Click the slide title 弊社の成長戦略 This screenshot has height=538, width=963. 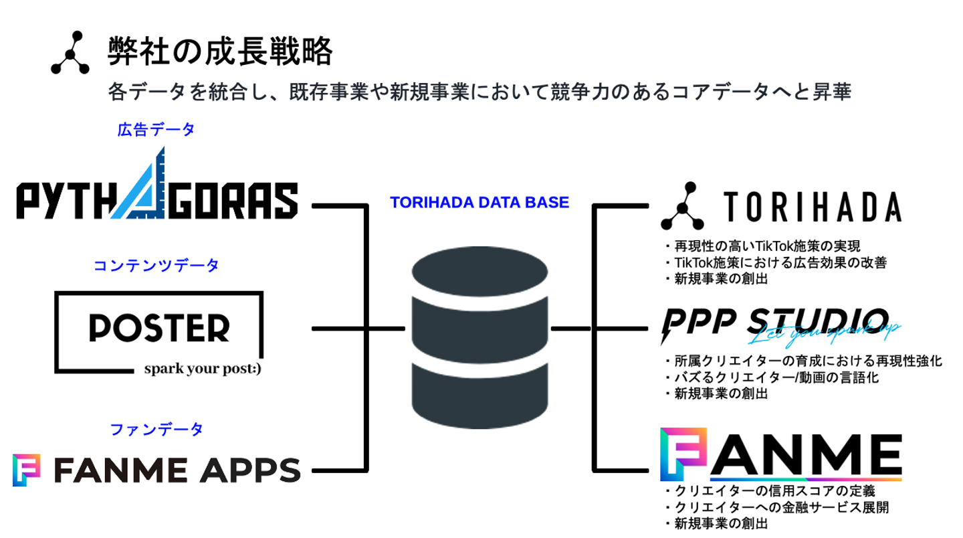220,52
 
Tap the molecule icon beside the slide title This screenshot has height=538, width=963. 70,52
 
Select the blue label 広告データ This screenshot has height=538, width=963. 156,130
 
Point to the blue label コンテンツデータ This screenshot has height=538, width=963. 156,266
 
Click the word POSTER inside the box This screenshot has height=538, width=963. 159,328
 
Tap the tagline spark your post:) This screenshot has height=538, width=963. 201,369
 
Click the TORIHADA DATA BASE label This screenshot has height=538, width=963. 479,202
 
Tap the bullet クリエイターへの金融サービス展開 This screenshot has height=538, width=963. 780,508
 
